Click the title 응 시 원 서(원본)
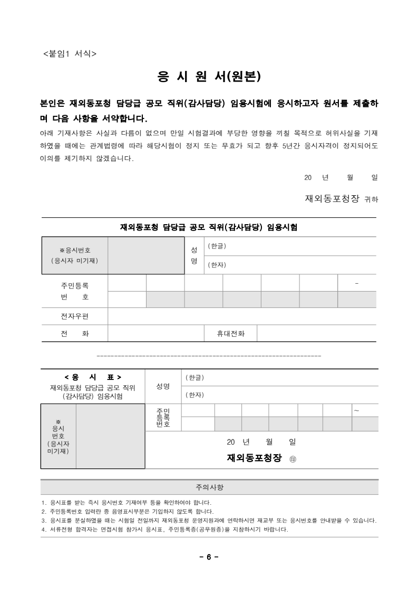209,77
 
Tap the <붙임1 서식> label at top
69,53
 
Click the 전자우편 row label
74,316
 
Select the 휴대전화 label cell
230,334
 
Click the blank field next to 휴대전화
316,334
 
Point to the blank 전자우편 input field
242,316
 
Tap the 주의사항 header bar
209,487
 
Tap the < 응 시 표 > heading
93,377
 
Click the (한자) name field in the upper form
290,265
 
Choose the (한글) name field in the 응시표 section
279,378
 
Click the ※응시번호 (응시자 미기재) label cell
74,255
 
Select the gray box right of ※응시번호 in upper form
146,255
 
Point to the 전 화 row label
74,334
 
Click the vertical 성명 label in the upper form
193,255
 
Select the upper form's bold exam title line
209,227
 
